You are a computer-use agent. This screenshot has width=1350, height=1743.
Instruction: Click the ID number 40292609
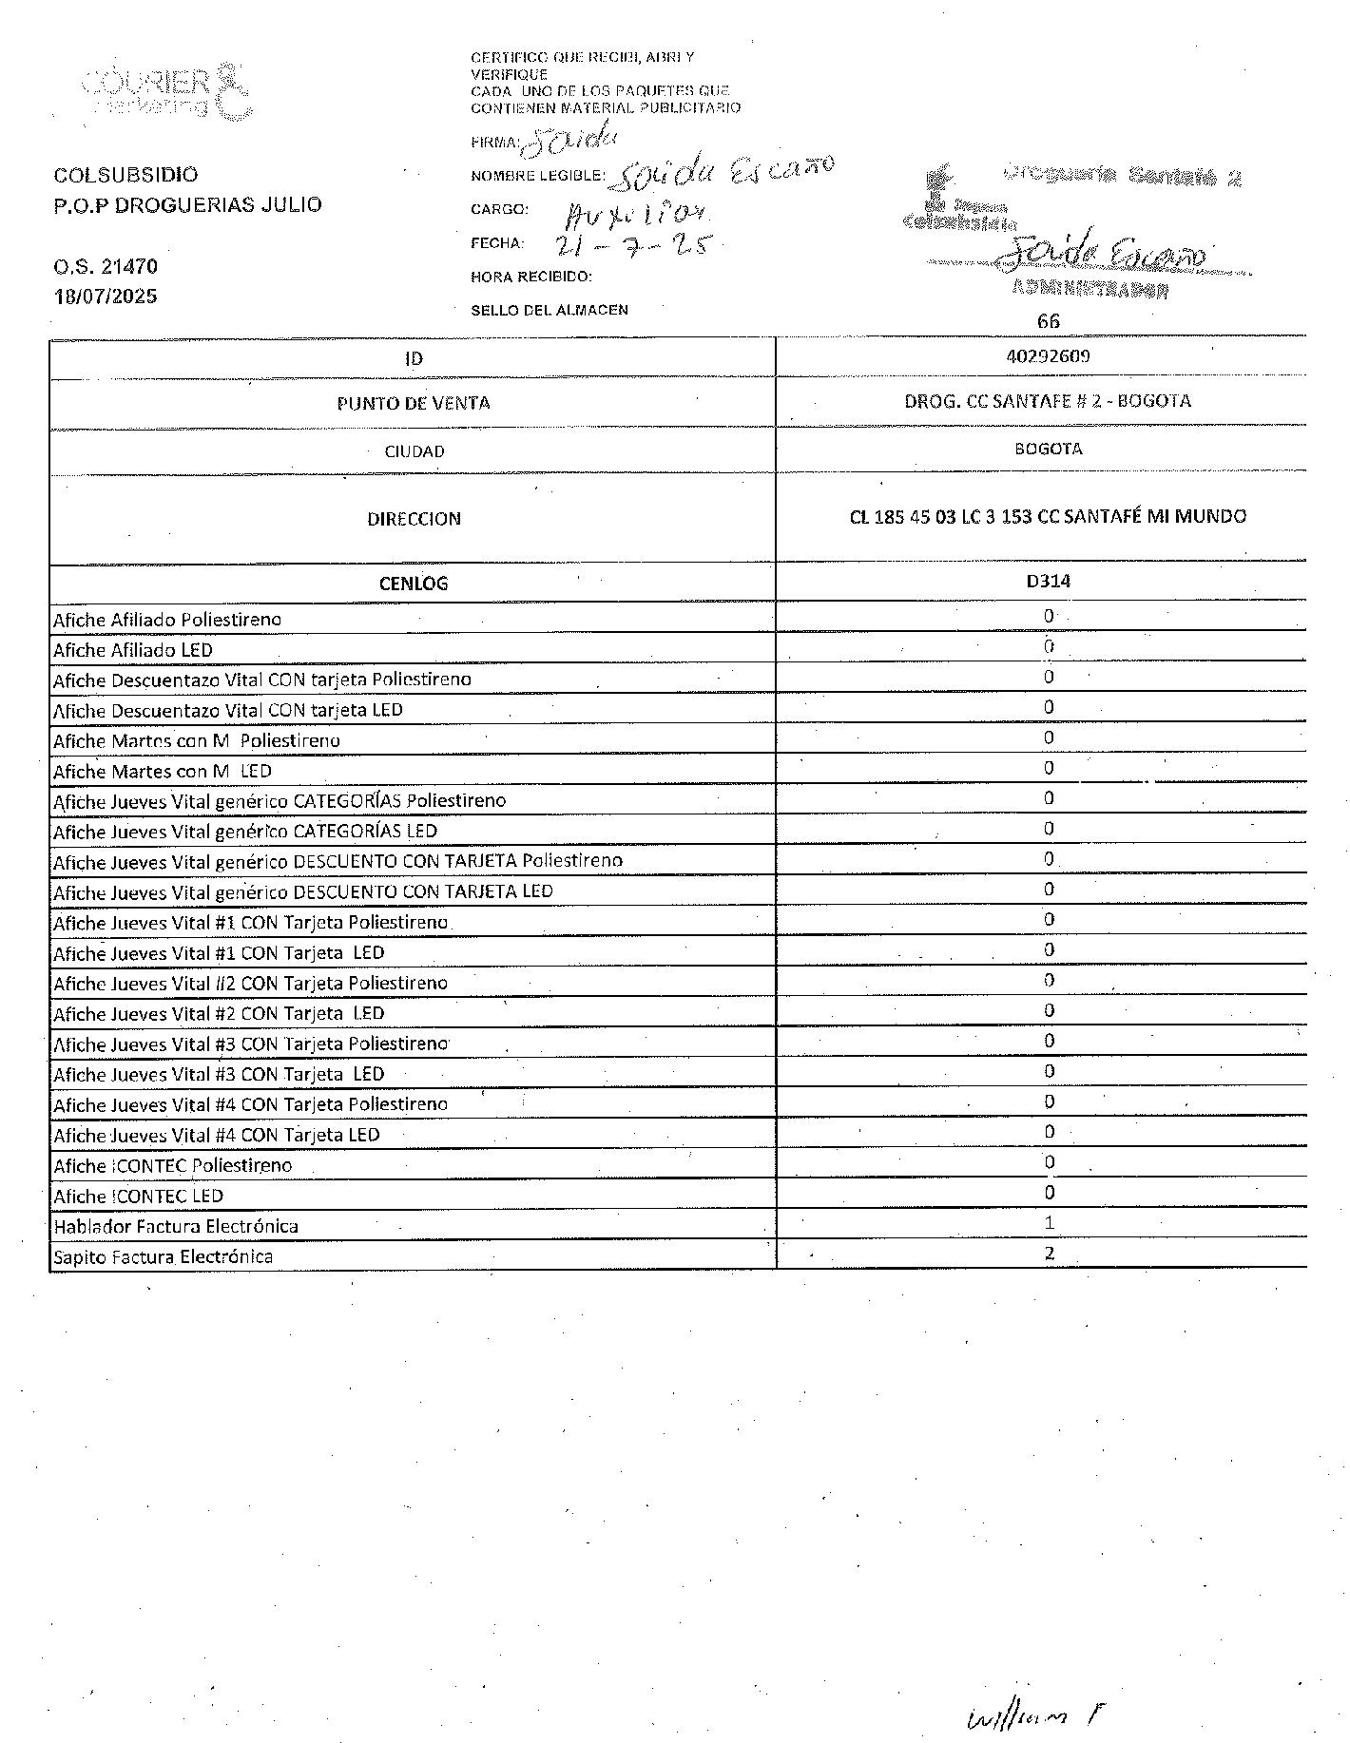click(1048, 356)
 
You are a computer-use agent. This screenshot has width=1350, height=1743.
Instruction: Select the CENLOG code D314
click(1048, 581)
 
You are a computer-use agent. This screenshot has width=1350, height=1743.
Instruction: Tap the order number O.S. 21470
click(106, 266)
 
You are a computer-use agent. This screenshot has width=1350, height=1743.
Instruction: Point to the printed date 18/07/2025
click(106, 296)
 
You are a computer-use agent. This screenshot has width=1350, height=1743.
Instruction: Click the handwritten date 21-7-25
click(632, 243)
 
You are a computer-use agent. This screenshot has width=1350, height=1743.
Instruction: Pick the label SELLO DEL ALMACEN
click(550, 310)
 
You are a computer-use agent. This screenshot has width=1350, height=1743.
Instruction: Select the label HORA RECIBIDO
click(531, 277)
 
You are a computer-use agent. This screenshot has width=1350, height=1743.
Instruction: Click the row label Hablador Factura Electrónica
click(176, 1226)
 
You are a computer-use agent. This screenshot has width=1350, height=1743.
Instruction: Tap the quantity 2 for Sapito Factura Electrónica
click(1049, 1253)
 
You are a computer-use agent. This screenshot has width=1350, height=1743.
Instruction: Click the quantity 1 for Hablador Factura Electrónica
click(1049, 1222)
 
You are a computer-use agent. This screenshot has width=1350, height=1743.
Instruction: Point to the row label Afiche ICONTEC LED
click(138, 1196)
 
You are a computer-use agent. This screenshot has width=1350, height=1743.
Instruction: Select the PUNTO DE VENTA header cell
click(414, 403)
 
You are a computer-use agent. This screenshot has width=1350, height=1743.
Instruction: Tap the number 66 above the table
click(1048, 320)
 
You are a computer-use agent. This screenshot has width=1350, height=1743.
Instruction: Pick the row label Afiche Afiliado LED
click(133, 650)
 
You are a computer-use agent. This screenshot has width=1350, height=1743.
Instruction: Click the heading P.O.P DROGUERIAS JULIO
click(188, 204)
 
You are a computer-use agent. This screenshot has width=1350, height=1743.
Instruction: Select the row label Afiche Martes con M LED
click(163, 771)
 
